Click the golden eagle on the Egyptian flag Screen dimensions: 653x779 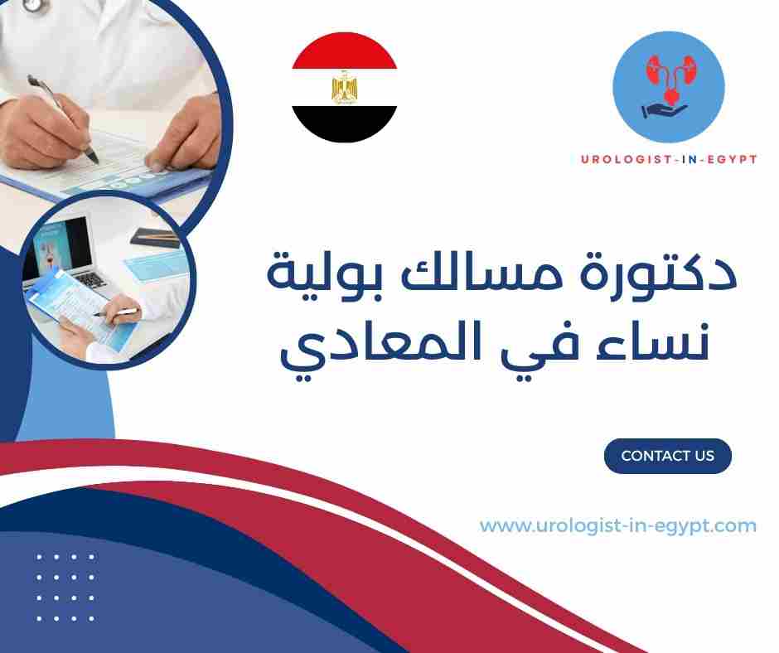tap(344, 88)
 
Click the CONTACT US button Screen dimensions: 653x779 tap(667, 456)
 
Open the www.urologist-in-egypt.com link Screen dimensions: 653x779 tap(617, 525)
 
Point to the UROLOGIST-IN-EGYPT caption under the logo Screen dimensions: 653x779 tap(668, 158)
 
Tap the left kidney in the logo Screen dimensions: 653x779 tap(651, 70)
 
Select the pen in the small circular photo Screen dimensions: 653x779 tap(116, 312)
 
